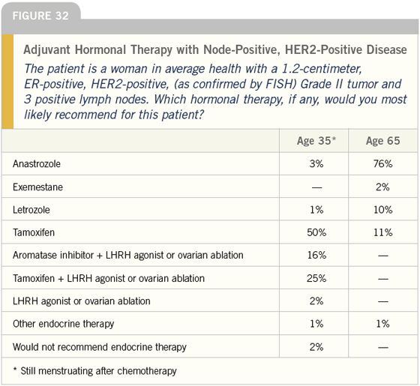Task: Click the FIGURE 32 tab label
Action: tap(40, 16)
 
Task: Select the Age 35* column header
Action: tap(316, 141)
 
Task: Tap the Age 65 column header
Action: tap(383, 141)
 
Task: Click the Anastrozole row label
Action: tap(37, 163)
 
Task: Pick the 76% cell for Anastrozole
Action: tap(383, 163)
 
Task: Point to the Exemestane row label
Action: tap(37, 187)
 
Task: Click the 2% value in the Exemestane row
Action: tap(382, 187)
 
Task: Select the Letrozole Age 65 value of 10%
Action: tap(383, 210)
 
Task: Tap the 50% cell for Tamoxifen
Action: tap(316, 232)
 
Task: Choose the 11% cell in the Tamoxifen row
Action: tap(383, 232)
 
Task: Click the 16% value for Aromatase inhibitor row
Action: tap(316, 255)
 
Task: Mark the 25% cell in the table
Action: tap(316, 278)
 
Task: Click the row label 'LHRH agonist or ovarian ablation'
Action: tap(82, 301)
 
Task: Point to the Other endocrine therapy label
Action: tap(64, 324)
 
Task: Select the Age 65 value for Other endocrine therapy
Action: tap(383, 324)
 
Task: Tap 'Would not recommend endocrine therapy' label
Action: tap(100, 347)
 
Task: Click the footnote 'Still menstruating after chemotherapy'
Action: tap(98, 371)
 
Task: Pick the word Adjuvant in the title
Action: tap(47, 49)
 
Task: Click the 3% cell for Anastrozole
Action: tap(316, 163)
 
